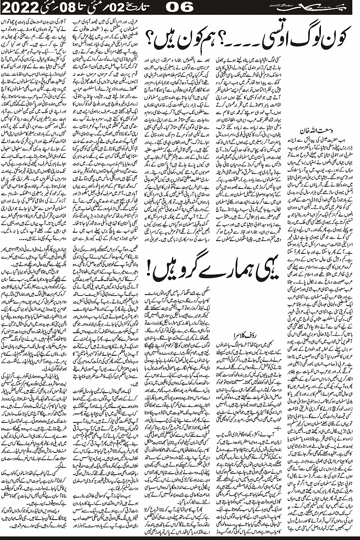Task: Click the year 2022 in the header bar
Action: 17,7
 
